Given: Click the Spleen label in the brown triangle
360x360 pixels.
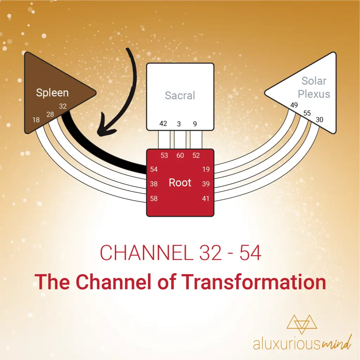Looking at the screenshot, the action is click(x=52, y=93).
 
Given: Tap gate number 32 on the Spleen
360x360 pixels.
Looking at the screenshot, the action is click(x=63, y=106).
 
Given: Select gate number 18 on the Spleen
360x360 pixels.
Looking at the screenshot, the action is click(x=36, y=120).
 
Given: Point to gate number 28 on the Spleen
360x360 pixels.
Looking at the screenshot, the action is click(x=50, y=114).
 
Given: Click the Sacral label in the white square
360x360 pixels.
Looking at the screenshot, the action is click(x=180, y=96).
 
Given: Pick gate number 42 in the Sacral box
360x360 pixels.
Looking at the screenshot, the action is click(x=163, y=123).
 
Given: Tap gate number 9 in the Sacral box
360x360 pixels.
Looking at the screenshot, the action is click(x=195, y=124).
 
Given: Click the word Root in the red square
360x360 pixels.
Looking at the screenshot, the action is click(x=180, y=183).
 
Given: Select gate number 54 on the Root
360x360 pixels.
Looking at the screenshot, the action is click(x=154, y=169).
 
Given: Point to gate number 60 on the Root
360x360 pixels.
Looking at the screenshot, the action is click(x=180, y=155).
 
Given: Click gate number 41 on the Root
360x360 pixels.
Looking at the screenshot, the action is click(x=206, y=199).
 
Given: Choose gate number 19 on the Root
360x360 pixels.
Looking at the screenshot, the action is click(x=206, y=169).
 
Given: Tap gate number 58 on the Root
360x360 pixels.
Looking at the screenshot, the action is click(x=154, y=199).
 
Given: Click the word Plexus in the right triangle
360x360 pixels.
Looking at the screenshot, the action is click(x=314, y=94).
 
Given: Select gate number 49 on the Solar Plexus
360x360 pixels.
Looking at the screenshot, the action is click(x=294, y=105).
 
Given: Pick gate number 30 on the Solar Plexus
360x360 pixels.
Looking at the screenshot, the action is click(x=319, y=120).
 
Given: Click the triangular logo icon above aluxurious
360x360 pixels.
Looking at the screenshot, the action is click(x=302, y=324).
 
